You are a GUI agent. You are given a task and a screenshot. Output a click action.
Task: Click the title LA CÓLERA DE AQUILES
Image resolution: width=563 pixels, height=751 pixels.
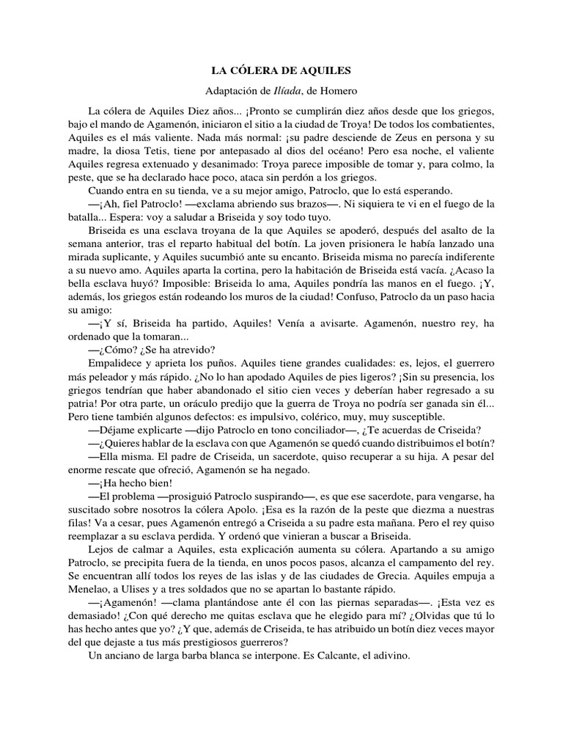coord(281,71)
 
